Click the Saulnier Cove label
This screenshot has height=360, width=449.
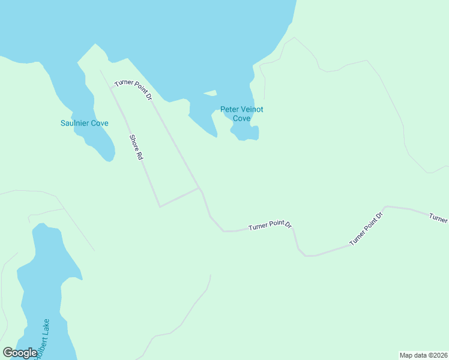(84, 124)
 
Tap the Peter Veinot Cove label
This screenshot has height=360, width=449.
(241, 114)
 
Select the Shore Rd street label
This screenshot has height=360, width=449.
(136, 147)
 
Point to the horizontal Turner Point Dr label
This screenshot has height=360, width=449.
(270, 226)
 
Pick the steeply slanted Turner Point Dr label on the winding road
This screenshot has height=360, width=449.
(366, 229)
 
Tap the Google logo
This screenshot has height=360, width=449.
(20, 353)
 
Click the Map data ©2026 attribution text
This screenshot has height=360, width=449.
(423, 355)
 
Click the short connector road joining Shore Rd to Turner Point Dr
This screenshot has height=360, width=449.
(179, 197)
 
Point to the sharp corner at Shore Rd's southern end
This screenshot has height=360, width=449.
(160, 206)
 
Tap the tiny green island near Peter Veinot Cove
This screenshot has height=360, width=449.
(209, 93)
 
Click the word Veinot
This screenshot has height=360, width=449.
(252, 110)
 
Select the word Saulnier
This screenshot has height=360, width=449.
(75, 124)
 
